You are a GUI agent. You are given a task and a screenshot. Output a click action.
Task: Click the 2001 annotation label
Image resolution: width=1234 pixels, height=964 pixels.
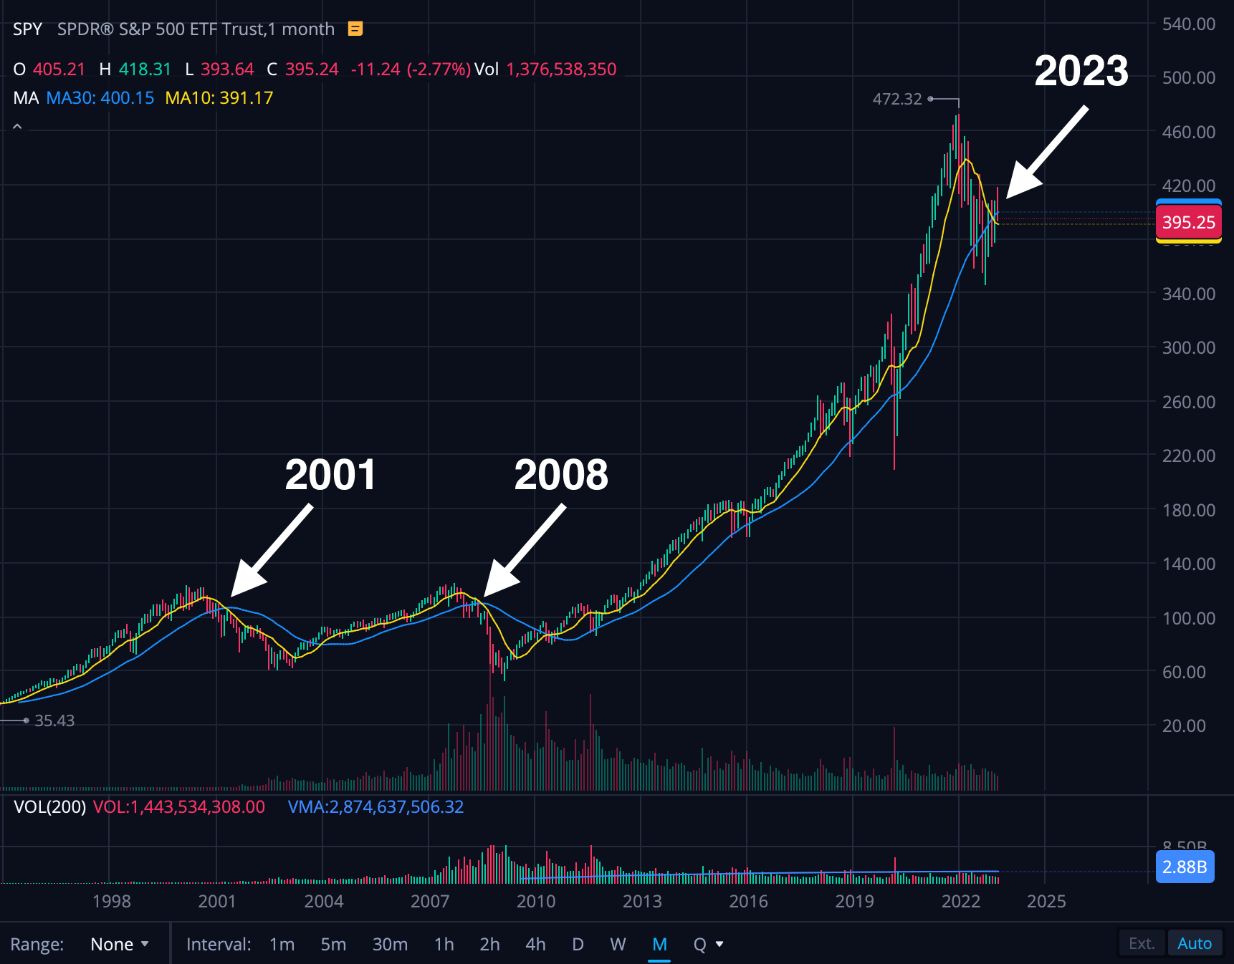tap(330, 475)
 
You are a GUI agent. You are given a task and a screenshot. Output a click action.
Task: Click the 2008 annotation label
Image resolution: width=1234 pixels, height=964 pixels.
tap(561, 475)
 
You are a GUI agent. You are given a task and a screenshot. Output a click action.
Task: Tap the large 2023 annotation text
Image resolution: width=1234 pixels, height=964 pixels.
tap(1081, 71)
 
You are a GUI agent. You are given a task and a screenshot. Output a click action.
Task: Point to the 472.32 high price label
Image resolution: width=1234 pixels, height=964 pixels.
tap(896, 99)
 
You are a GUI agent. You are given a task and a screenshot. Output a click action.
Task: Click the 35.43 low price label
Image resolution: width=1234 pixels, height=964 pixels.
tap(54, 720)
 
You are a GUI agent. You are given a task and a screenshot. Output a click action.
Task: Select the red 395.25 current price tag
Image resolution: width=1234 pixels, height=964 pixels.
tap(1188, 222)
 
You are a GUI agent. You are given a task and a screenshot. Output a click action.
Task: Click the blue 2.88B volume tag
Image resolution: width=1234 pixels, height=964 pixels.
tap(1185, 867)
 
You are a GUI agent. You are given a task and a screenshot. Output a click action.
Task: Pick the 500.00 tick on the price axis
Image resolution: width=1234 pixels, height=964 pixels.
tap(1188, 77)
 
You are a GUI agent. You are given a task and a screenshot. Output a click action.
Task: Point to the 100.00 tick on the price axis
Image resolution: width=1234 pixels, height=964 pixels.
tap(1188, 618)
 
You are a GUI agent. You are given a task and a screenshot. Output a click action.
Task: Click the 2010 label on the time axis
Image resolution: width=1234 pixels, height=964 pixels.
tap(536, 901)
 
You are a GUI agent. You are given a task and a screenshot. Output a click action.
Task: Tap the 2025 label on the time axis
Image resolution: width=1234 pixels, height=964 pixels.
tap(1046, 901)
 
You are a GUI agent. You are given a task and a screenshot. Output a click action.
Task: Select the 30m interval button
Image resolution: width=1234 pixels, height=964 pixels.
tap(390, 944)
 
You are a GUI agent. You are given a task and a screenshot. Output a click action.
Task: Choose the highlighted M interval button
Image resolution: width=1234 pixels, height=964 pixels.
tap(659, 944)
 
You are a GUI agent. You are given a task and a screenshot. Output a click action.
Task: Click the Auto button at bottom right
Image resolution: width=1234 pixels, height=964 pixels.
tap(1194, 943)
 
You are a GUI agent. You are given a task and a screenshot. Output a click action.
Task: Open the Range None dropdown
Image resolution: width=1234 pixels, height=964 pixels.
tap(119, 944)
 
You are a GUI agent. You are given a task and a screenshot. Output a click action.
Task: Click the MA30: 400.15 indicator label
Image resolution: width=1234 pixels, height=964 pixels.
tap(100, 98)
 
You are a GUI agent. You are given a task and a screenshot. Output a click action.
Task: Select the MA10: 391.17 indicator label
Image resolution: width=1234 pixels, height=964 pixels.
tap(219, 98)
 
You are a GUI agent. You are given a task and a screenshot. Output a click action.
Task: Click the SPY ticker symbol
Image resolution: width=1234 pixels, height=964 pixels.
tap(27, 29)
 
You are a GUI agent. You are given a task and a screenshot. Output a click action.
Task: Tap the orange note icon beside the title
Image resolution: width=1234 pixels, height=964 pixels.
tap(355, 29)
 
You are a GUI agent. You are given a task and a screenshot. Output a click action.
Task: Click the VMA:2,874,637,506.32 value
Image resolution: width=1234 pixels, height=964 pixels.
tap(376, 807)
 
